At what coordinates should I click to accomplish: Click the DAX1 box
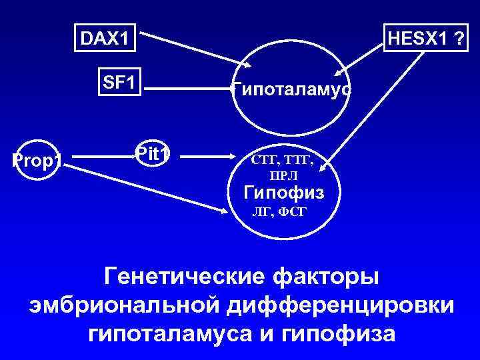coord(103,39)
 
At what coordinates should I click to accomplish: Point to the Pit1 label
coord(153,153)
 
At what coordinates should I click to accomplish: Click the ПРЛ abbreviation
coord(284,175)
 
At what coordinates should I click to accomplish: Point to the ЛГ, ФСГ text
coord(280,213)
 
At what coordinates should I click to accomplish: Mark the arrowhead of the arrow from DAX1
coord(248,64)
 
